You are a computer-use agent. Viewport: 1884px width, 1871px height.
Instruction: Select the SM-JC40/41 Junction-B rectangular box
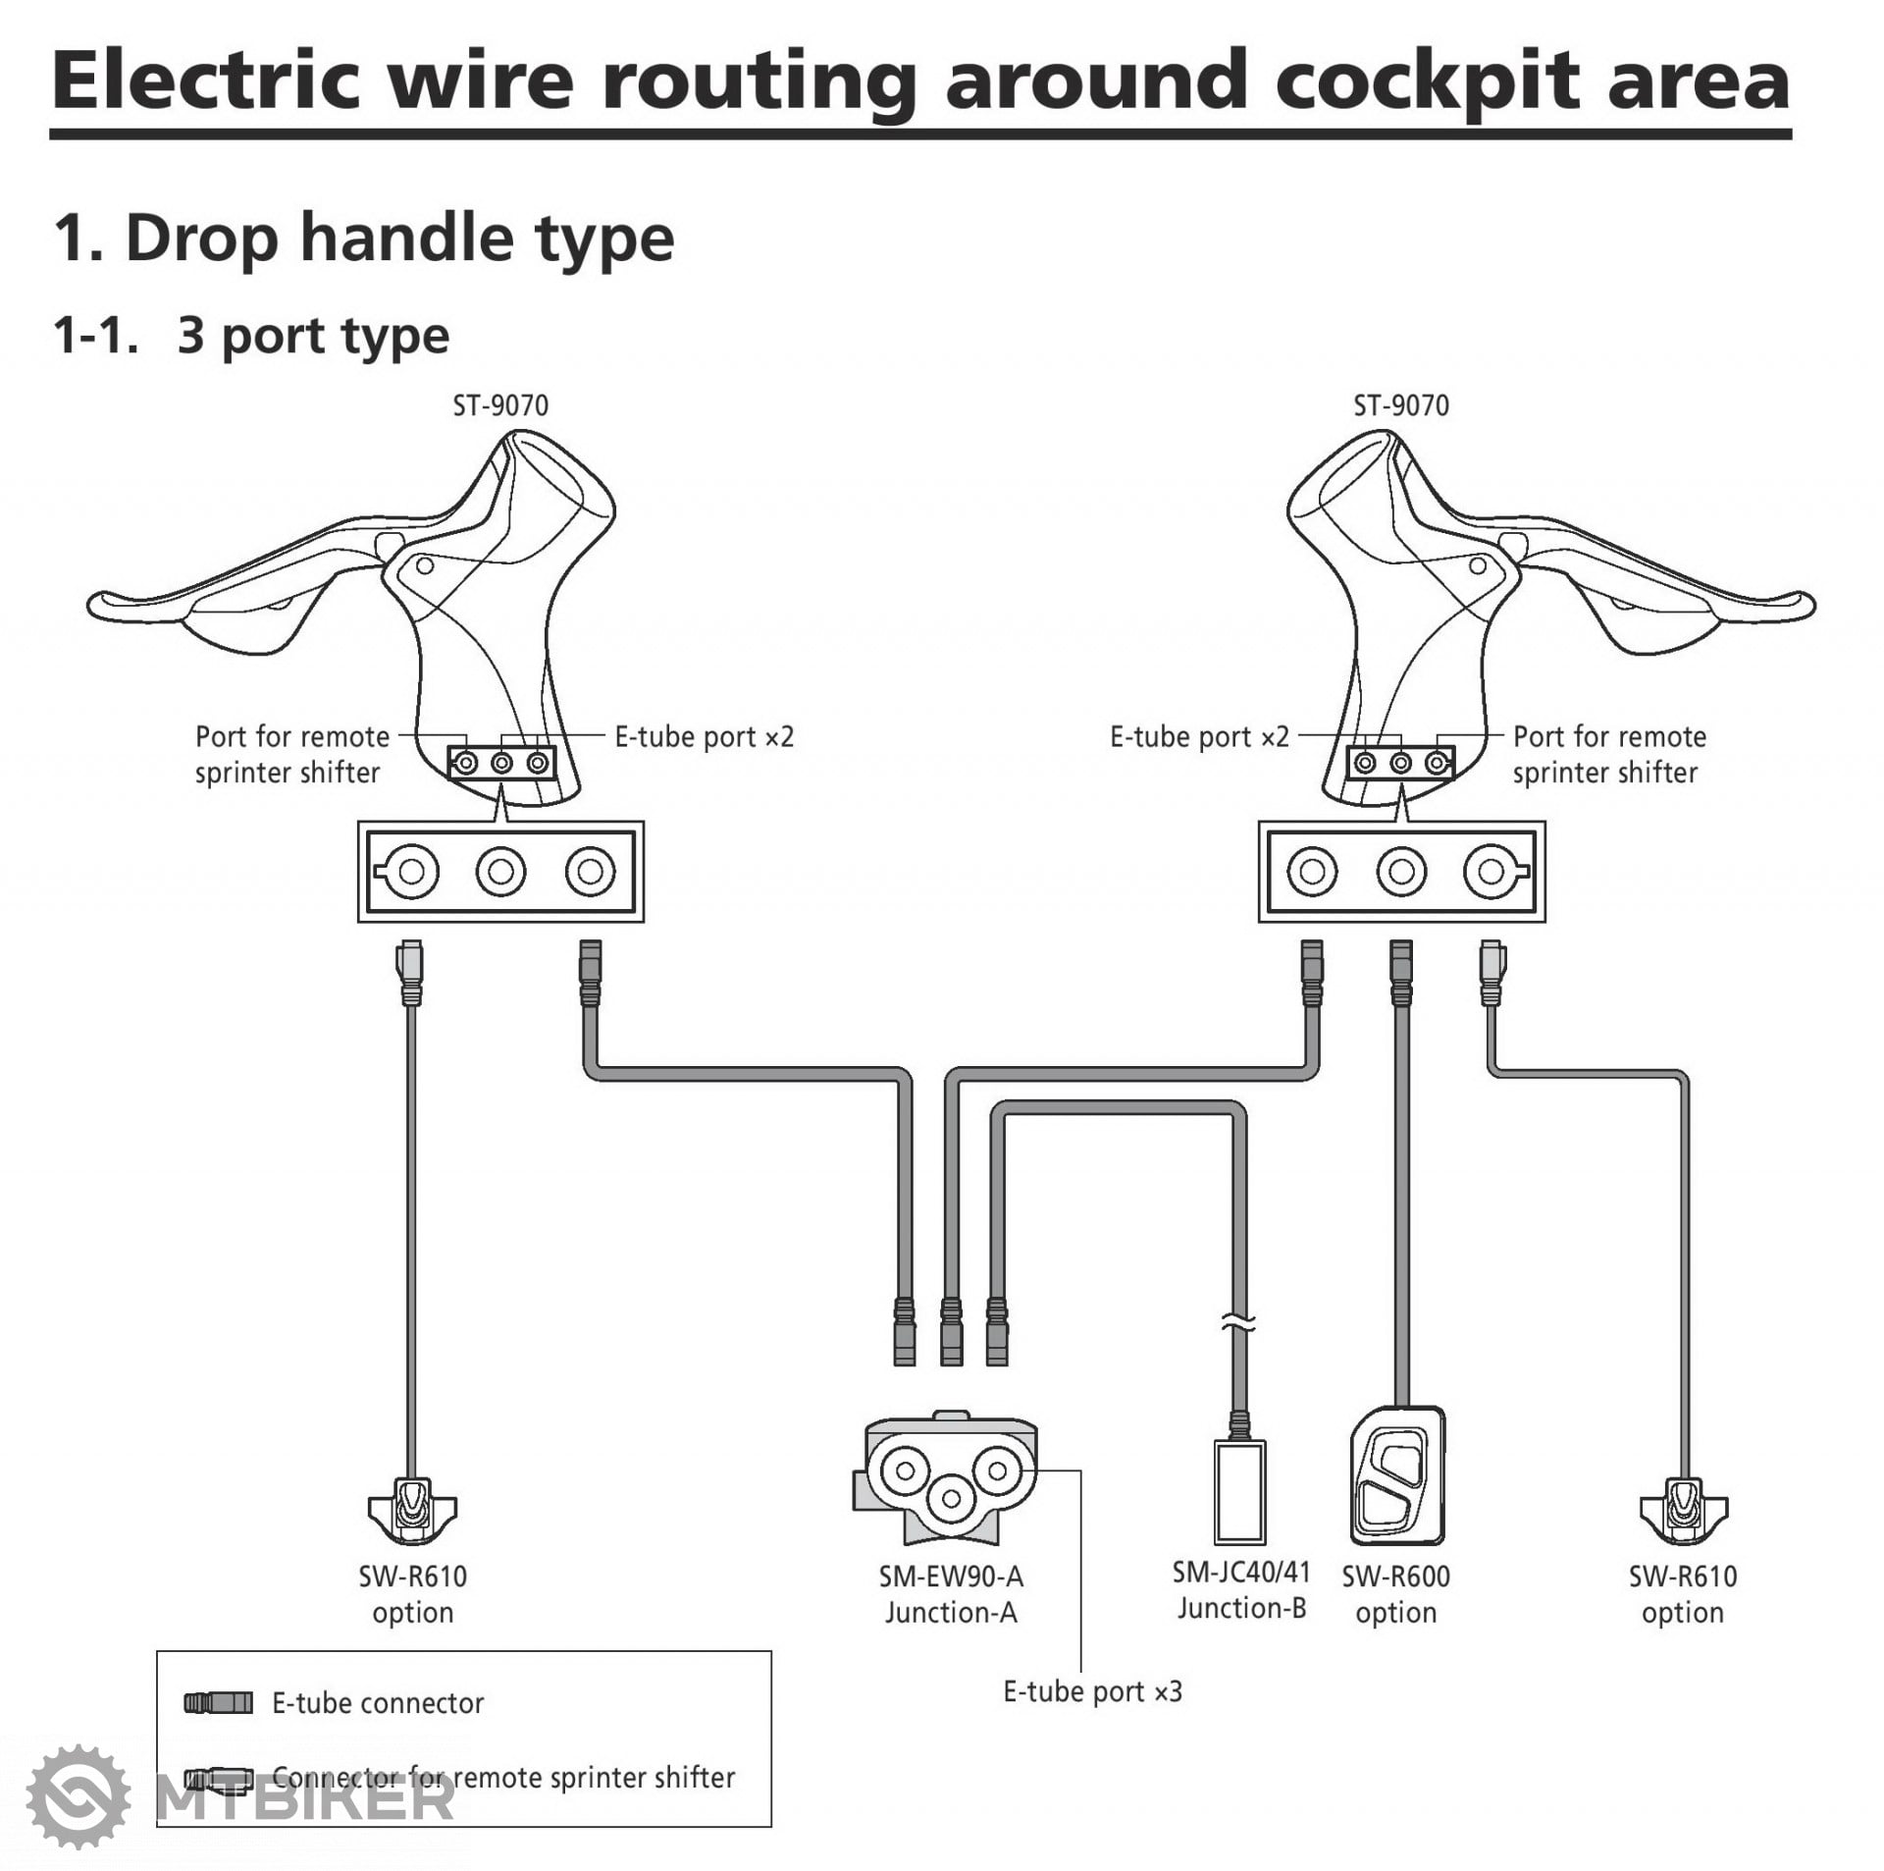coord(1239,1492)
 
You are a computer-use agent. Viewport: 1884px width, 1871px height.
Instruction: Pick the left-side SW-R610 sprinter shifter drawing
coord(412,1507)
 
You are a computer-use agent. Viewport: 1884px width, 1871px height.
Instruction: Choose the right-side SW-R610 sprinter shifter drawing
coord(1683,1507)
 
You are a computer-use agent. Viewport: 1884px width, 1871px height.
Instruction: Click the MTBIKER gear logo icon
coord(78,1796)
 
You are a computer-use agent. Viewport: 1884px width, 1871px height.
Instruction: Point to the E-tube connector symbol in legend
coord(218,1703)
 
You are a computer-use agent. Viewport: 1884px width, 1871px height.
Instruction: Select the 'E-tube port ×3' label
coord(1092,1691)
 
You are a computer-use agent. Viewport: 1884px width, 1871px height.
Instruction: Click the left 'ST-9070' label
coord(500,405)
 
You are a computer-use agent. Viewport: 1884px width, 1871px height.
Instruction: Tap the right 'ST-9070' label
coord(1400,405)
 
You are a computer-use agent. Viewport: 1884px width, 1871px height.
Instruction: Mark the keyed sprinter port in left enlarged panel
coord(410,872)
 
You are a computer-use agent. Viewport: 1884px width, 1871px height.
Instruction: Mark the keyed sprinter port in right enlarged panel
coord(1491,872)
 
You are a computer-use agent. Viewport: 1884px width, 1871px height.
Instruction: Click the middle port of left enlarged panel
coord(500,872)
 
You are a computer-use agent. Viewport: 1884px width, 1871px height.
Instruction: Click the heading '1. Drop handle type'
coord(364,239)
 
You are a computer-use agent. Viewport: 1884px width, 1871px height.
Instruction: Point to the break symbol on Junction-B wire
coord(1239,1324)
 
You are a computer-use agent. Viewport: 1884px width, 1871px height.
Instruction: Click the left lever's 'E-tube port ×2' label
coord(704,737)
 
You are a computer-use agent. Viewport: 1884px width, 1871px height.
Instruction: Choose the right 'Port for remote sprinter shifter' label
coord(1608,755)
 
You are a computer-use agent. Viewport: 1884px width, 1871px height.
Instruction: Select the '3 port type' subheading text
coord(313,336)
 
